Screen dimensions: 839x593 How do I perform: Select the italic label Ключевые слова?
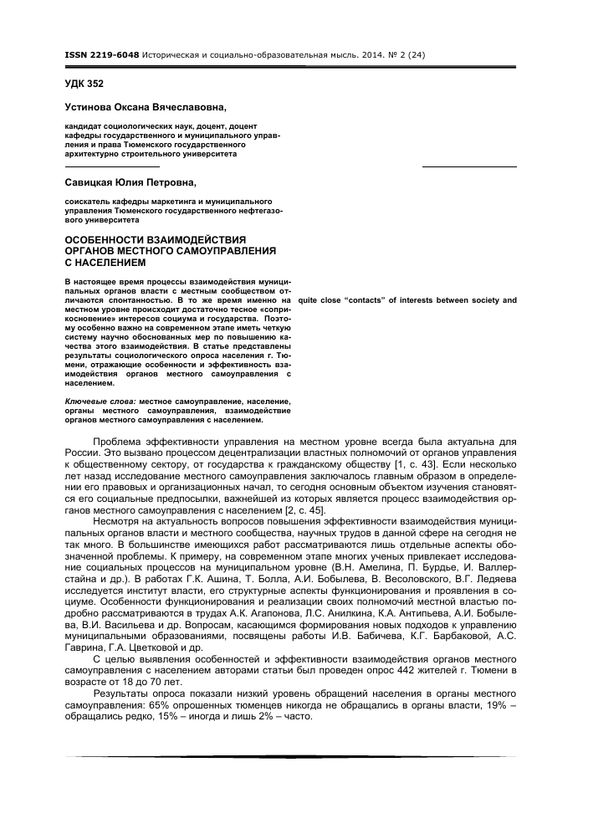click(100, 402)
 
